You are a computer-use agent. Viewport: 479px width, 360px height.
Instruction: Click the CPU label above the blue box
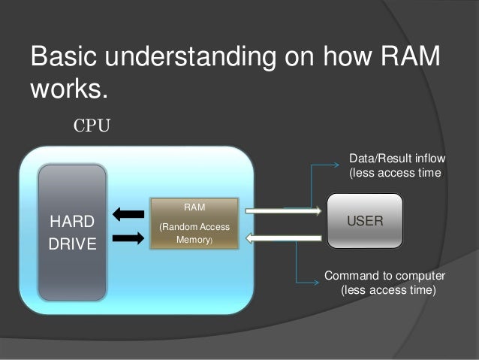pyautogui.click(x=91, y=125)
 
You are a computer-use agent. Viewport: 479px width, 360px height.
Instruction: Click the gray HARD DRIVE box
pyautogui.click(x=72, y=233)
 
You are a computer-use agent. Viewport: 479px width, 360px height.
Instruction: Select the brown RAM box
pyautogui.click(x=194, y=223)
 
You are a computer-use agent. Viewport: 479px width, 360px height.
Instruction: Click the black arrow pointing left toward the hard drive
pyautogui.click(x=128, y=214)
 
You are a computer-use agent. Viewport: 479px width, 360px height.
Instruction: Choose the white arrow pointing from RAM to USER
pyautogui.click(x=283, y=210)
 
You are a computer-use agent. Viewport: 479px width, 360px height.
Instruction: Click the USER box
pyautogui.click(x=365, y=221)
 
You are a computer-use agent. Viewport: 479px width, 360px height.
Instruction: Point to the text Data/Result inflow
pyautogui.click(x=397, y=159)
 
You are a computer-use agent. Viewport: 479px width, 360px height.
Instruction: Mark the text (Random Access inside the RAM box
pyautogui.click(x=194, y=227)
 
